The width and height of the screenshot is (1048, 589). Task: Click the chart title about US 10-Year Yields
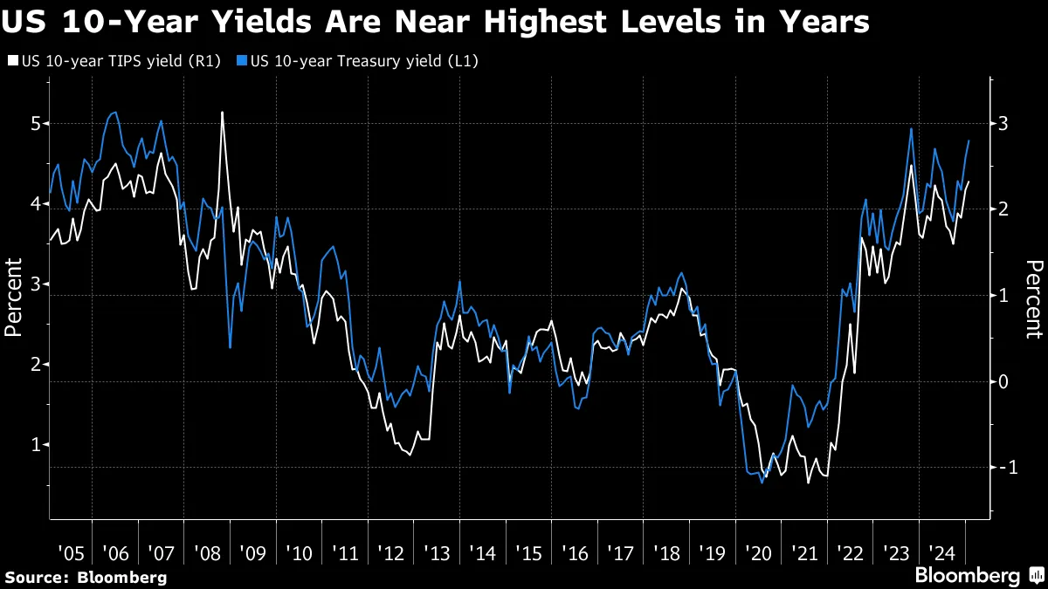click(435, 21)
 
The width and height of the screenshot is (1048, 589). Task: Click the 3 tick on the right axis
click(1004, 123)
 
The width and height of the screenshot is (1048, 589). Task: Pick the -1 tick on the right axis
click(1006, 468)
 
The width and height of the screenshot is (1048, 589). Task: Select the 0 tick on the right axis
click(1004, 381)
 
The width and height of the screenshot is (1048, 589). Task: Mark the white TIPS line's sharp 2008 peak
click(222, 113)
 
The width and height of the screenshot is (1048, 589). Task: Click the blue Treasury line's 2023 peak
click(911, 129)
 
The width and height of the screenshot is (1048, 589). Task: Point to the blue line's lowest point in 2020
click(762, 483)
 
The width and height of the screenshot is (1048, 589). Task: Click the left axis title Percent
click(13, 297)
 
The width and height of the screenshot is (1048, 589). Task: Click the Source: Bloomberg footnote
click(85, 577)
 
